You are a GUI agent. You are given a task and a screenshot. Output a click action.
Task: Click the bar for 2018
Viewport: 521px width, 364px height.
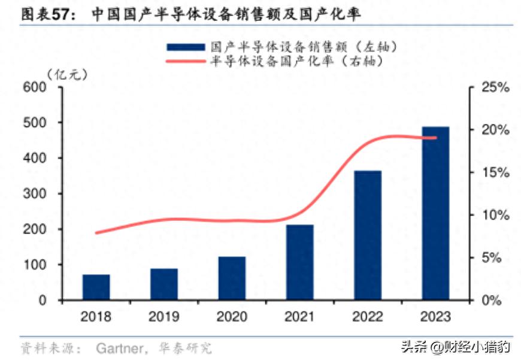(96, 287)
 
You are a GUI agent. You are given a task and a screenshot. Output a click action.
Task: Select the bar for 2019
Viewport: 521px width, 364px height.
(164, 284)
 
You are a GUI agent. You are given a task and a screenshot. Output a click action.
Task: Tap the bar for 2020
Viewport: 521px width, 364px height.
(232, 278)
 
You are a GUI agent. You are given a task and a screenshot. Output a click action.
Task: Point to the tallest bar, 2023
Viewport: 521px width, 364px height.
(435, 213)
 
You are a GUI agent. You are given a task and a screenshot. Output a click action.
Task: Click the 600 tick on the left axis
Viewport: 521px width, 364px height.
(35, 87)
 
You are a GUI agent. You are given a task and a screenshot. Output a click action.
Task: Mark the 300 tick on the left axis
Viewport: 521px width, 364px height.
(35, 194)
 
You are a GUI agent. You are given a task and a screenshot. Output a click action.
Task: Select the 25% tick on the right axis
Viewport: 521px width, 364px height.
(495, 87)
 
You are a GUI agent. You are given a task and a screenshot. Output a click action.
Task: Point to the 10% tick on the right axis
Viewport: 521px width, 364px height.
(495, 215)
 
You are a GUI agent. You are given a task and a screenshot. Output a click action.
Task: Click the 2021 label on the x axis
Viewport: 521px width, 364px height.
(299, 317)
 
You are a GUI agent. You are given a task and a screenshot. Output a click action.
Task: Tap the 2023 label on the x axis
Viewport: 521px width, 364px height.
(435, 317)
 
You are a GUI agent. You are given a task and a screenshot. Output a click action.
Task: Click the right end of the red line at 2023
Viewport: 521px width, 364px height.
(435, 138)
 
